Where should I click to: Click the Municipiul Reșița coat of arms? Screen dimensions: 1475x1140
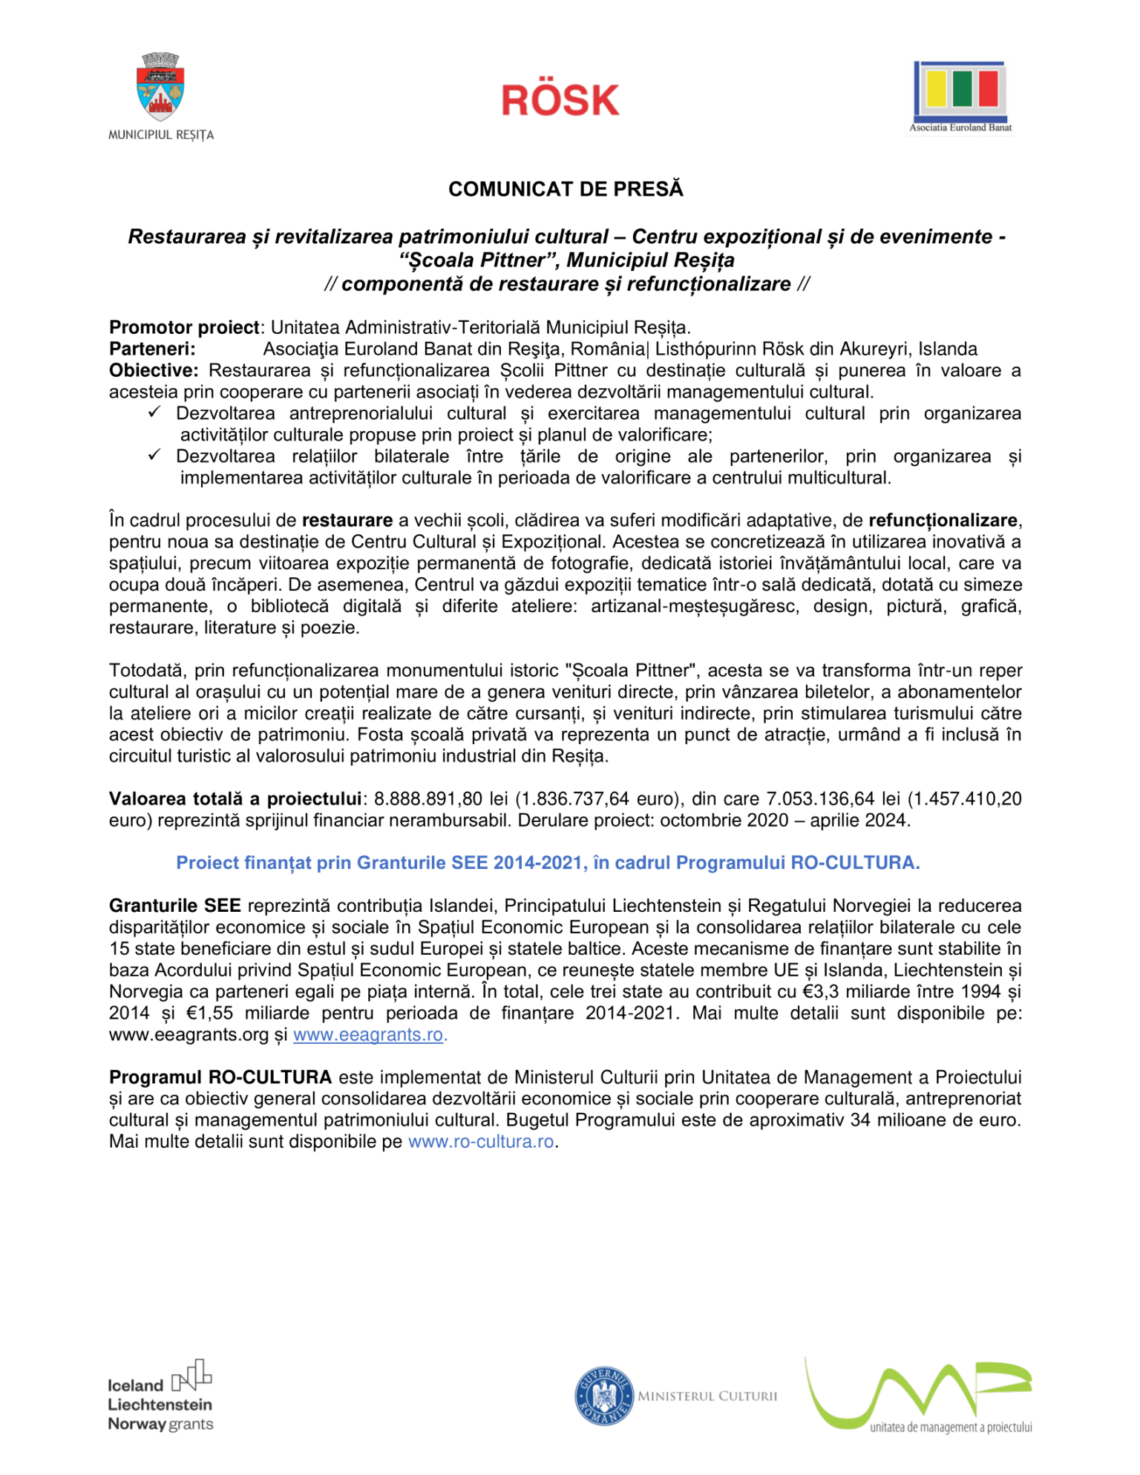tap(160, 88)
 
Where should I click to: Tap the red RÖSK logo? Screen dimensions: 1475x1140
tap(560, 100)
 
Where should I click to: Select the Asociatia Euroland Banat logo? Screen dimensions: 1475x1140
tap(960, 95)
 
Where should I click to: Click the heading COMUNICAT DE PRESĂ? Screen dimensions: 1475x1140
tap(566, 189)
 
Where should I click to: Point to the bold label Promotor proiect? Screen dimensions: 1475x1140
tap(184, 327)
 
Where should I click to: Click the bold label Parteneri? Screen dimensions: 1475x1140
tap(152, 349)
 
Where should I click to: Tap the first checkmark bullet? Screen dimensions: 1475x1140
tap(154, 413)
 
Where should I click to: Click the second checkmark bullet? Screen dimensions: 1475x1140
tap(154, 456)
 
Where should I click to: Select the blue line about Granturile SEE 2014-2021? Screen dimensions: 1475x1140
tap(548, 863)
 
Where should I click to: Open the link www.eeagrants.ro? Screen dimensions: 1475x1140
tap(368, 1035)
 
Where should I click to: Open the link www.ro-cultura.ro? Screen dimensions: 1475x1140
tap(481, 1142)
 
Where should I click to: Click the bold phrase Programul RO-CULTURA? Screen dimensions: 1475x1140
tap(220, 1077)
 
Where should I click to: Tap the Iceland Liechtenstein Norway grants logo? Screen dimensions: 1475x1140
tap(160, 1396)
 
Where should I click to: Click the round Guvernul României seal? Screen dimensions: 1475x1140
tap(604, 1396)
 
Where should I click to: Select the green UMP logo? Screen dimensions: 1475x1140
tap(919, 1395)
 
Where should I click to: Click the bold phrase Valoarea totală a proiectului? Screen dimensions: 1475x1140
tap(235, 799)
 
